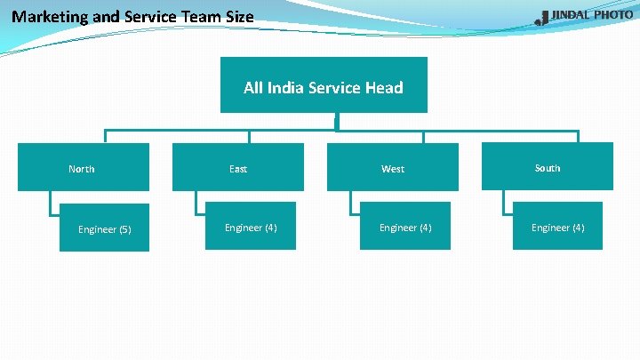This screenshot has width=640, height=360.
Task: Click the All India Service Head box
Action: [x=324, y=85]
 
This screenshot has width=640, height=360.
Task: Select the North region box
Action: [x=84, y=167]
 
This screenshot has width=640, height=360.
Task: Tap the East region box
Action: [x=237, y=167]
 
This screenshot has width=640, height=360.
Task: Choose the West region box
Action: [x=392, y=167]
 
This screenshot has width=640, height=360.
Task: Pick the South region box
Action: [x=547, y=166]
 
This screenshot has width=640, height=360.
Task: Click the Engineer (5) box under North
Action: [x=104, y=228]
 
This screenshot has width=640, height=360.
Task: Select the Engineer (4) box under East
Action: [x=251, y=227]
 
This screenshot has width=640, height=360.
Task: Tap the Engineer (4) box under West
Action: [x=404, y=227]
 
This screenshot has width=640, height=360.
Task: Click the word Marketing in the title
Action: [x=50, y=16]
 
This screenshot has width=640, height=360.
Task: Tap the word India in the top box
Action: [x=284, y=87]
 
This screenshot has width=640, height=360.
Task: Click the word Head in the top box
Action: [x=384, y=87]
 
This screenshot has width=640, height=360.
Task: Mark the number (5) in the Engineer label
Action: [x=124, y=229]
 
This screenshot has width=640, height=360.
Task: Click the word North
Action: [x=82, y=169]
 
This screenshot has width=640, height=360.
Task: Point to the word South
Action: [x=548, y=168]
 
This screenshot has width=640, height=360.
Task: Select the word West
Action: [x=393, y=169]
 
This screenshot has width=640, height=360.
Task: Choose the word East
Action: [x=238, y=169]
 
